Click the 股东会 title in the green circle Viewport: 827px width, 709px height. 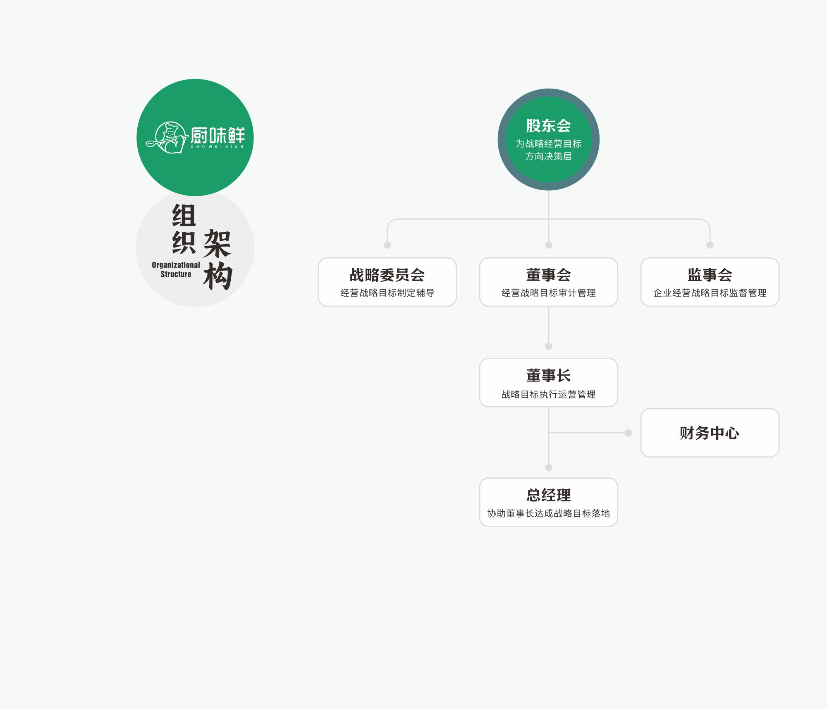[548, 126]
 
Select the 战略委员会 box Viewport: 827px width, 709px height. [387, 282]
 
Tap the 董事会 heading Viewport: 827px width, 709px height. [548, 275]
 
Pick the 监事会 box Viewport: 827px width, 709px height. [710, 282]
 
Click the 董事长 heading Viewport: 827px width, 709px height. [548, 376]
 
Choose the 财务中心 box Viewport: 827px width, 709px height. [710, 433]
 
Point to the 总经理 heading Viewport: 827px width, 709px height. [548, 495]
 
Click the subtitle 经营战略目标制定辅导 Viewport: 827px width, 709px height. [387, 293]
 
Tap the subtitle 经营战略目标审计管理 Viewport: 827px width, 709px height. [548, 293]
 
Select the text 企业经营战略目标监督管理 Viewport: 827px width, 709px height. [710, 293]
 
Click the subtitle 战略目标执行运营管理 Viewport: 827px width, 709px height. [548, 394]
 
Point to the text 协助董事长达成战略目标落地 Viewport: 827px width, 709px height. [548, 513]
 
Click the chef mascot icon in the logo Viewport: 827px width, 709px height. [167, 138]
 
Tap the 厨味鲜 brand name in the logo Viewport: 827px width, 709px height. [218, 135]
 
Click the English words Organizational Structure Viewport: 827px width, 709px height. [176, 269]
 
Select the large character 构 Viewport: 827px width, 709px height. [218, 275]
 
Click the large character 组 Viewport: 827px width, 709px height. [184, 215]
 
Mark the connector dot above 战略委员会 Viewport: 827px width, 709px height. [387, 245]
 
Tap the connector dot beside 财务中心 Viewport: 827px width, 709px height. [628, 433]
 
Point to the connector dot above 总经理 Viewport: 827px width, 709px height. [548, 467]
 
